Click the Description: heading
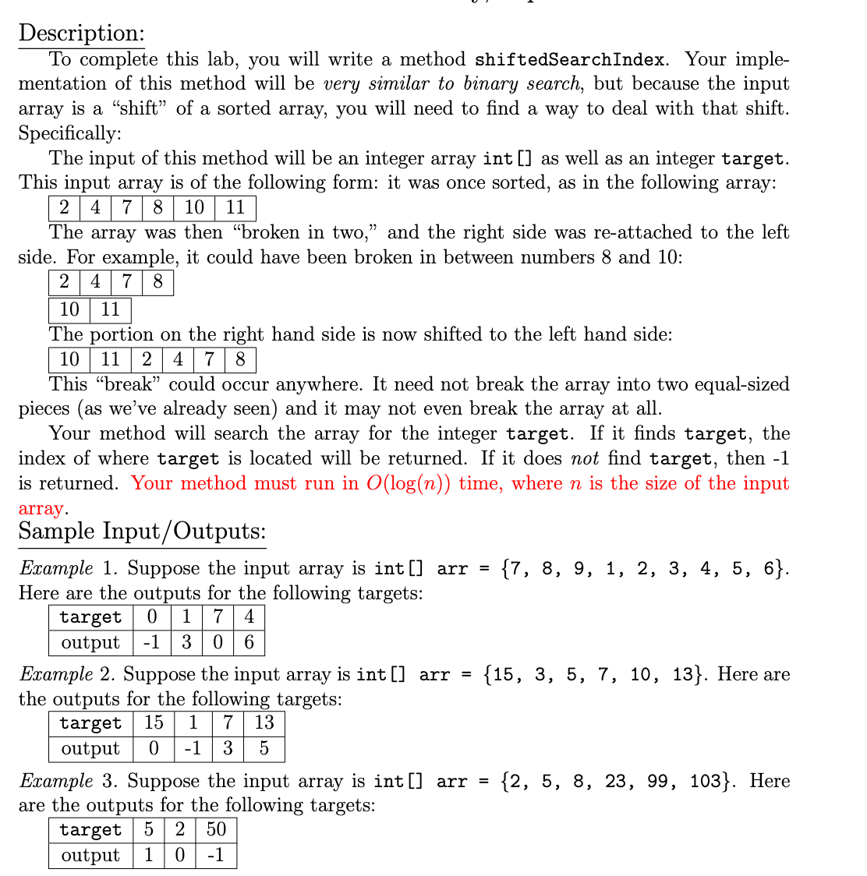(x=81, y=33)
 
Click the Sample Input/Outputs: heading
(x=142, y=532)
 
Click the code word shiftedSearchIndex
(x=570, y=59)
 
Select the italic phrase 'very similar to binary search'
(x=451, y=83)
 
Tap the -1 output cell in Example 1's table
(x=151, y=642)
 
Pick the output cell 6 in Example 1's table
(x=249, y=642)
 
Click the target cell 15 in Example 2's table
(x=154, y=722)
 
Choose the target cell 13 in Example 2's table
(x=264, y=722)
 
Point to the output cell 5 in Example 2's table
(x=264, y=748)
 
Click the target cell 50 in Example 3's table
(x=216, y=829)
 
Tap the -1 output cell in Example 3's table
(x=216, y=855)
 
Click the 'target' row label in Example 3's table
(x=90, y=829)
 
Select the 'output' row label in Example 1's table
(x=90, y=642)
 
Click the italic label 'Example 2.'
(x=68, y=673)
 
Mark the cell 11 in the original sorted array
(x=235, y=207)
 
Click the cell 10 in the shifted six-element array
(x=69, y=359)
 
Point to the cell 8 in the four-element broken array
(x=157, y=281)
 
